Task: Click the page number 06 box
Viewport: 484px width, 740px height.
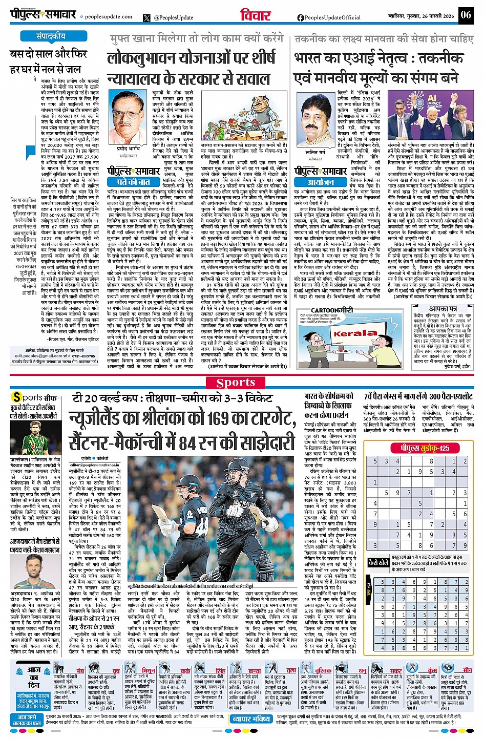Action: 465,14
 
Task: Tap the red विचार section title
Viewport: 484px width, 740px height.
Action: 255,15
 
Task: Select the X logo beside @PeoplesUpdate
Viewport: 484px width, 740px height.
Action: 148,17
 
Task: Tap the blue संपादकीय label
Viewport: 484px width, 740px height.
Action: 50,36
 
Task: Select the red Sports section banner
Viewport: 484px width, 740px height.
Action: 236,383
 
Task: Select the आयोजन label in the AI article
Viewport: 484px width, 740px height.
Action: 321,182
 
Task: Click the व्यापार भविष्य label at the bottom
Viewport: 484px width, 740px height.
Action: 251,719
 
